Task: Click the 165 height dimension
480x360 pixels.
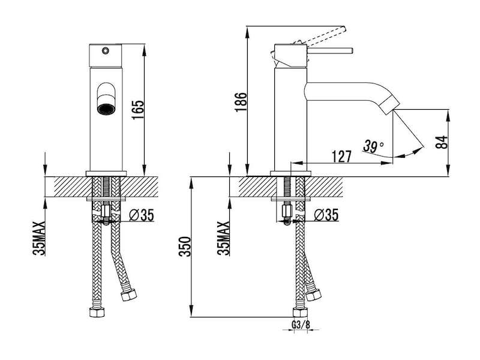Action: click(x=138, y=110)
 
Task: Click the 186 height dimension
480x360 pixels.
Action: click(x=241, y=102)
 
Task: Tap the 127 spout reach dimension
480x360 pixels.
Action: click(x=341, y=157)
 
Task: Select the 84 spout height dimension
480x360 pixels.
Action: click(x=442, y=142)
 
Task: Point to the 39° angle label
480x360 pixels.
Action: click(x=374, y=146)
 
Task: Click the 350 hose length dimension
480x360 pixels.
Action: click(x=185, y=247)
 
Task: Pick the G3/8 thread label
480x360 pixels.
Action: click(x=301, y=325)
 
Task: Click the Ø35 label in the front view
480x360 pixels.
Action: click(x=142, y=215)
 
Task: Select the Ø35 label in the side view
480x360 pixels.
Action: click(x=326, y=215)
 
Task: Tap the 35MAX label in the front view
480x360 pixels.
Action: click(x=40, y=238)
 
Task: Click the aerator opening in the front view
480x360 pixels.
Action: click(x=105, y=109)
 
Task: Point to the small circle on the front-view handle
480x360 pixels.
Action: click(x=106, y=50)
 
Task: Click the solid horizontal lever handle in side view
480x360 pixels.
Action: click(x=329, y=51)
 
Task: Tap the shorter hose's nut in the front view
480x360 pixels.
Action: click(x=128, y=295)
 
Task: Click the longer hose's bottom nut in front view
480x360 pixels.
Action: click(x=97, y=312)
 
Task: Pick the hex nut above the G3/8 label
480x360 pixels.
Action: click(x=300, y=312)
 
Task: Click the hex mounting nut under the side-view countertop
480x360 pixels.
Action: click(x=287, y=211)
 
